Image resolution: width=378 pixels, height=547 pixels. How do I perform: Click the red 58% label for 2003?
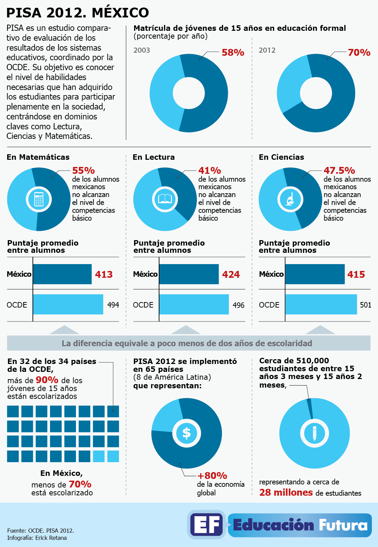(x=233, y=53)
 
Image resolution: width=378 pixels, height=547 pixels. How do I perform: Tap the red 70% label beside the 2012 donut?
(x=359, y=53)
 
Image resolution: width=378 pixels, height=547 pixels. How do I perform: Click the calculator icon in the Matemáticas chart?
(x=39, y=199)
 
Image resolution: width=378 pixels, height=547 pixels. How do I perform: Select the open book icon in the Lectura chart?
(x=165, y=199)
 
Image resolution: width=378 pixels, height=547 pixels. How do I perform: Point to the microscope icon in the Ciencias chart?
(x=290, y=199)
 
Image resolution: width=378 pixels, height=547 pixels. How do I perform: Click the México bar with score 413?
(x=62, y=274)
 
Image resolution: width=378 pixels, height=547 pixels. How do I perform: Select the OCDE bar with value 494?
(x=68, y=304)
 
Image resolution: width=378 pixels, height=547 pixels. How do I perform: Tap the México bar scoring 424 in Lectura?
(x=189, y=274)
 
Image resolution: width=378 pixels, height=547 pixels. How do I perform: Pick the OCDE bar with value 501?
(x=321, y=304)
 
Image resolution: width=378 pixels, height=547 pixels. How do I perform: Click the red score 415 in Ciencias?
(x=356, y=274)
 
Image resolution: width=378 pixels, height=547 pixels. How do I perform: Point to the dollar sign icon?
(x=186, y=433)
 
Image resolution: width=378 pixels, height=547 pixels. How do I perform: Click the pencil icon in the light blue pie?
(x=314, y=433)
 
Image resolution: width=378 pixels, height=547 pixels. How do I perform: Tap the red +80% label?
(x=212, y=476)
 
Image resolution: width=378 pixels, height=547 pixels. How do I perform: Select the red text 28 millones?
(x=286, y=493)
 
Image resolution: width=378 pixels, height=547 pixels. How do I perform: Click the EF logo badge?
(x=207, y=525)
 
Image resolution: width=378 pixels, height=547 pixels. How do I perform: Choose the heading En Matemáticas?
(x=38, y=157)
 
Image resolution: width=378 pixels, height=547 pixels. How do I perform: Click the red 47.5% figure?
(x=339, y=170)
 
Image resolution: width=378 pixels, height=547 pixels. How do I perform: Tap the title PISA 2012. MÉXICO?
(x=78, y=13)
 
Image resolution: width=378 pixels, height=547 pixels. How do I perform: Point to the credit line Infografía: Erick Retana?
(x=37, y=538)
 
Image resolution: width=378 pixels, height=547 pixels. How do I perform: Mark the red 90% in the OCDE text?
(x=47, y=380)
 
